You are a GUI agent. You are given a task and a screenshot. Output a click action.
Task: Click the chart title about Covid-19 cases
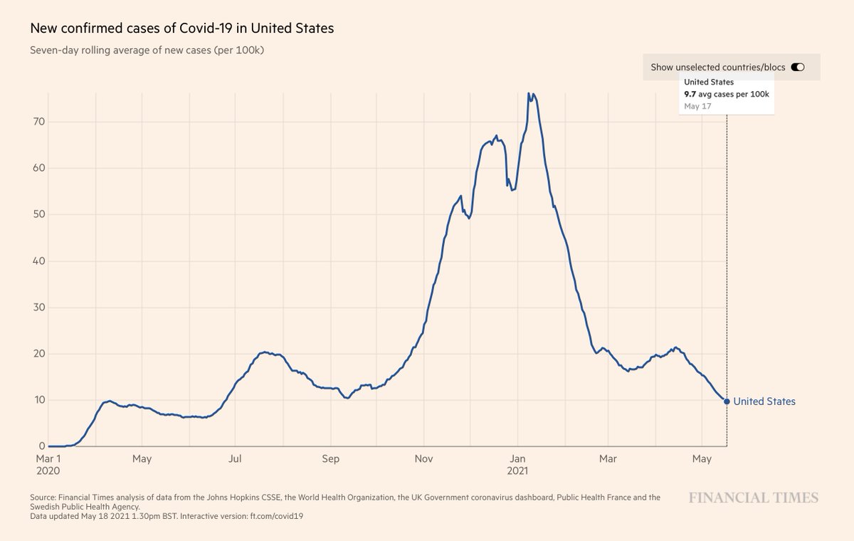(181, 29)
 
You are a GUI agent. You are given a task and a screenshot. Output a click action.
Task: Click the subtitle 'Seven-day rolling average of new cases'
(147, 51)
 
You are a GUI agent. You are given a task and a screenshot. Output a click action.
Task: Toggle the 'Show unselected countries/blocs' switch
(797, 68)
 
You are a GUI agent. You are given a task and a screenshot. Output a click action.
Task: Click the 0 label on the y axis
(42, 446)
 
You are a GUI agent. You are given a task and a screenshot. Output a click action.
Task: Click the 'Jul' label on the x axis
(235, 459)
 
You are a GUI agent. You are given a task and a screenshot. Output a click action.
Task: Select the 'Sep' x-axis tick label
(331, 459)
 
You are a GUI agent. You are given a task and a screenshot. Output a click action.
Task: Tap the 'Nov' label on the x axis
(424, 459)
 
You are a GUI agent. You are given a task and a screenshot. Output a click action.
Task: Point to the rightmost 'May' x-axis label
(702, 459)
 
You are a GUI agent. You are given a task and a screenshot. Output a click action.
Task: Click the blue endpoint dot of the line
(727, 401)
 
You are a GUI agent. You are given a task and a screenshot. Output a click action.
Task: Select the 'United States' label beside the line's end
(764, 401)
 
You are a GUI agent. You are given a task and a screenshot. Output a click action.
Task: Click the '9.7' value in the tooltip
(689, 94)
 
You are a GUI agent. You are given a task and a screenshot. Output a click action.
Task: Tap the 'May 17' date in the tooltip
(697, 106)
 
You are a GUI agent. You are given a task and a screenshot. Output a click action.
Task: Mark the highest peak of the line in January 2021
(529, 93)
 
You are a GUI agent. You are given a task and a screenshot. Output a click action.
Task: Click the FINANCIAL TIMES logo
(753, 498)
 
